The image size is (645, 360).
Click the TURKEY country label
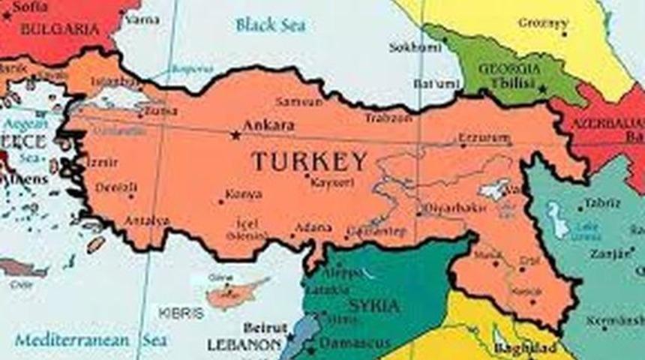[x=309, y=161]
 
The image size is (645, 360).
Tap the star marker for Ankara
[x=235, y=135]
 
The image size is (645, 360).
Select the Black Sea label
[x=270, y=25]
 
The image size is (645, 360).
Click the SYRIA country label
[x=374, y=306]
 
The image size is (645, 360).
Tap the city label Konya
[x=244, y=194]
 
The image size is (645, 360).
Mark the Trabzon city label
[x=388, y=118]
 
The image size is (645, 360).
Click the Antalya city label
[x=146, y=220]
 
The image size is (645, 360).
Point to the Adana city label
[x=313, y=226]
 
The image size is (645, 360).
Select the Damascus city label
[x=355, y=343]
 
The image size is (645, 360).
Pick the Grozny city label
[x=542, y=22]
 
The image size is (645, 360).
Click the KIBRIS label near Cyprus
[x=181, y=313]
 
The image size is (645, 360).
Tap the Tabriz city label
[x=603, y=202]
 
